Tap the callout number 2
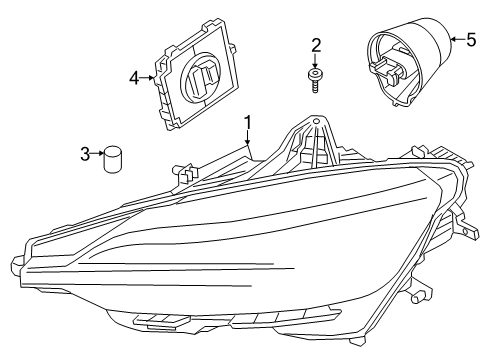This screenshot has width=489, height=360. pyautogui.click(x=315, y=45)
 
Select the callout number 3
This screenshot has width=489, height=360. pyautogui.click(x=86, y=153)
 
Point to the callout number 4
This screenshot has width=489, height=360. pyautogui.click(x=135, y=76)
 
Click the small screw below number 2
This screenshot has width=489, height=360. pyautogui.click(x=315, y=79)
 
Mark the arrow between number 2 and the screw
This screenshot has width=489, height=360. pyautogui.click(x=315, y=62)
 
